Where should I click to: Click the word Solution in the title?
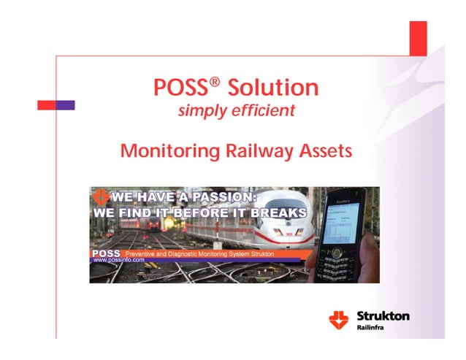pos(273,88)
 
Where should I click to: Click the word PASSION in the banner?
pos(231,196)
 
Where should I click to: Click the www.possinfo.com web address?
pos(120,259)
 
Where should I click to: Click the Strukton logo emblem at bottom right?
pos(340,319)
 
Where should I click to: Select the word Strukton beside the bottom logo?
pos(383,316)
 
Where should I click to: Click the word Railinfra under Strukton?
pos(373,329)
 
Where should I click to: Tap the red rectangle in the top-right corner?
pos(418,38)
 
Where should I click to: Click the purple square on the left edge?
pos(66,105)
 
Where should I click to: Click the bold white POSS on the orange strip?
pos(107,251)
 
